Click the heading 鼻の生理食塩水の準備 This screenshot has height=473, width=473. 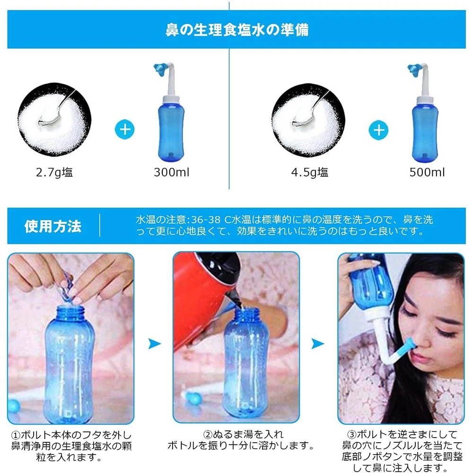click(237, 29)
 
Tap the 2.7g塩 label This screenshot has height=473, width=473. click(54, 173)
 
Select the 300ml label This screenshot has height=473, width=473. click(172, 172)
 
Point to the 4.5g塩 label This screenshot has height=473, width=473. click(309, 173)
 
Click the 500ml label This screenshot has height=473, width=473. click(427, 172)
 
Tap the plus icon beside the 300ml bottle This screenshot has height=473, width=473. click(124, 130)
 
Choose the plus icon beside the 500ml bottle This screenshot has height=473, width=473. click(378, 130)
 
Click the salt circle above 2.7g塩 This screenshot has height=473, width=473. click(54, 120)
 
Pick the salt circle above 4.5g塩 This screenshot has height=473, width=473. click(308, 120)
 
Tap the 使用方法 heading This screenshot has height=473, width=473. click(53, 226)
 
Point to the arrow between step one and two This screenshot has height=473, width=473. click(154, 343)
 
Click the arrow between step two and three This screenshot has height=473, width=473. click(317, 343)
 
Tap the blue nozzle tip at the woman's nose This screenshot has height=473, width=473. click(411, 346)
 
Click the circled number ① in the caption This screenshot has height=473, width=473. click(16, 435)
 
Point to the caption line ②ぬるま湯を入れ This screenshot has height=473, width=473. click(244, 434)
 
